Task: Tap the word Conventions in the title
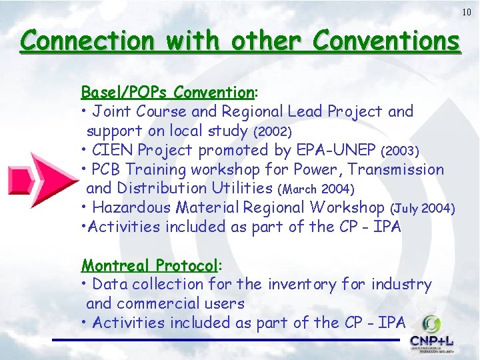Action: [386, 41]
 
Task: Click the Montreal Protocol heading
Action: [149, 265]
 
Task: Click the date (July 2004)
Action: [423, 209]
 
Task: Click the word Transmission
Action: [392, 169]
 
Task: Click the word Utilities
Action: [239, 189]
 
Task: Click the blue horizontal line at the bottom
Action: [227, 341]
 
